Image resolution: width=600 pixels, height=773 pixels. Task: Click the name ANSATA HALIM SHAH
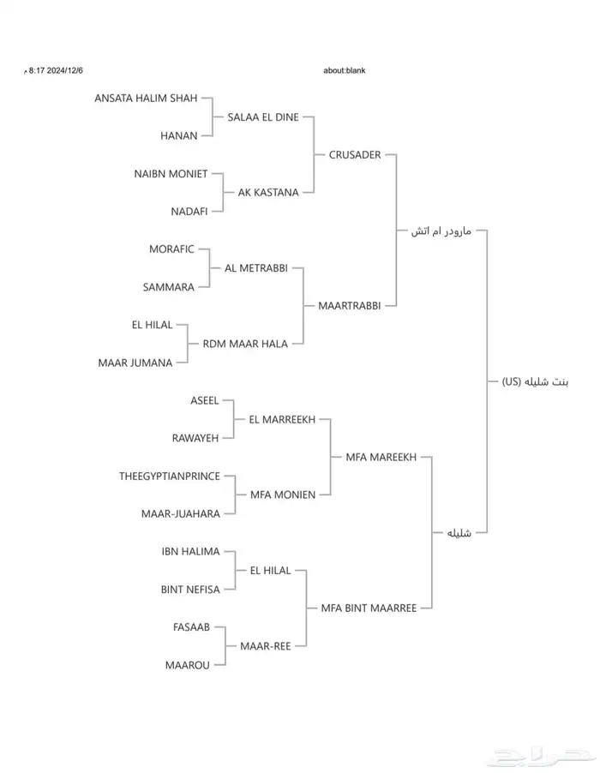[x=146, y=99]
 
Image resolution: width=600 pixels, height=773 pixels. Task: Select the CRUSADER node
[x=355, y=155]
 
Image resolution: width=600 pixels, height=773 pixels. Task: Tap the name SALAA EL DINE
[x=263, y=117]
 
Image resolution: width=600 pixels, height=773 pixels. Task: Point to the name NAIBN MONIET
[x=171, y=174]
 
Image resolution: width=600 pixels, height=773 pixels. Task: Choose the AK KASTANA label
[x=268, y=193]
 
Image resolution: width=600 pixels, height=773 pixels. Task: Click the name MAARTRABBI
[x=349, y=305]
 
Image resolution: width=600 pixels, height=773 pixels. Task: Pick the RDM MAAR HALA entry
[x=245, y=344]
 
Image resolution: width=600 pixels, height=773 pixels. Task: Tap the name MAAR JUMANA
[x=135, y=363]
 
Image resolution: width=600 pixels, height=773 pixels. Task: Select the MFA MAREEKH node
[x=381, y=458]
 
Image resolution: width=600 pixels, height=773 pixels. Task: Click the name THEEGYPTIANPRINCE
[x=170, y=476]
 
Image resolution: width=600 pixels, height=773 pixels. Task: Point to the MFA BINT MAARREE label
[x=369, y=608]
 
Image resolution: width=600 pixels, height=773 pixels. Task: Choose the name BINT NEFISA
[x=190, y=590]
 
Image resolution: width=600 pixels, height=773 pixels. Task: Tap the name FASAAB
[x=191, y=627]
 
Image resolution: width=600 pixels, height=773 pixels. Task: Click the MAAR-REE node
[x=266, y=646]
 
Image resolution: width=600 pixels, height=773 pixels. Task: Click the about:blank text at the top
[x=345, y=70]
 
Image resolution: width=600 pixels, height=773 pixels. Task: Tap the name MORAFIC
[x=171, y=249]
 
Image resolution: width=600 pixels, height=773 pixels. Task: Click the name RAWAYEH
[x=195, y=439]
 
